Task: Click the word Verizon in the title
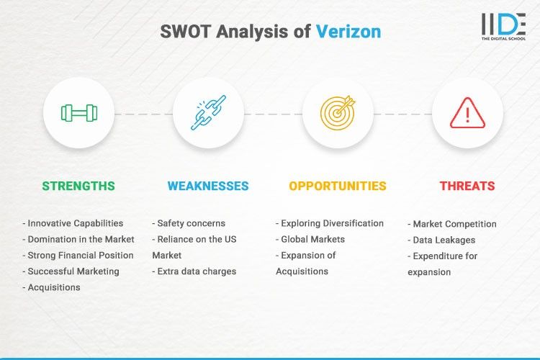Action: [348, 32]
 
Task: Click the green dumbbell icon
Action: [78, 112]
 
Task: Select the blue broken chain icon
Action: [208, 112]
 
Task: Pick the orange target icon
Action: [338, 112]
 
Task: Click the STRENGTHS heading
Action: [78, 186]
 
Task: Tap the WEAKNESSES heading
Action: [208, 186]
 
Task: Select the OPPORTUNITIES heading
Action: [338, 186]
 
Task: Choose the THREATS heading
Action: [467, 186]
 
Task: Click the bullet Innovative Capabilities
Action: [73, 223]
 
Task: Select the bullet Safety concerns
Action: [189, 223]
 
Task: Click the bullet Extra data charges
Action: [194, 271]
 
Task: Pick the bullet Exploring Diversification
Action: [330, 223]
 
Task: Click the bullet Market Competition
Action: [452, 224]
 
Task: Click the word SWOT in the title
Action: [186, 32]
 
